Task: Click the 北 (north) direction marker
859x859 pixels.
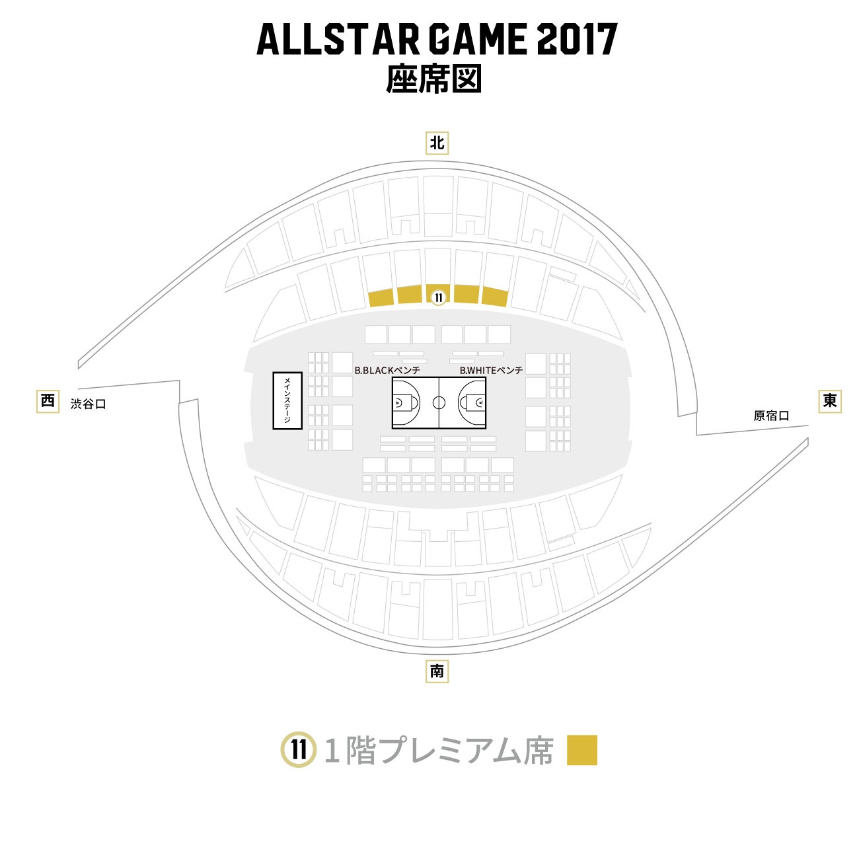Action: pos(437,143)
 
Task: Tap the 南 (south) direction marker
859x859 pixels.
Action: pos(437,671)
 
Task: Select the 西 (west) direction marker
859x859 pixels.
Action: pos(48,401)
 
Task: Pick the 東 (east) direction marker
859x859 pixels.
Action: pos(829,401)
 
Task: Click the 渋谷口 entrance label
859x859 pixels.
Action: pos(89,404)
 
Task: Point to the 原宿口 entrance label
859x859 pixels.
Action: pos(771,416)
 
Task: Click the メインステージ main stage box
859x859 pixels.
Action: pos(287,400)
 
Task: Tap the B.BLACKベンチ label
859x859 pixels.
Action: pos(387,371)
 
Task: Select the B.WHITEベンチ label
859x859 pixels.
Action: pos(491,371)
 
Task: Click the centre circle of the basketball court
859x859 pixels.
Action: pos(439,403)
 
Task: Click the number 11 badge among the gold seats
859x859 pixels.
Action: pos(439,298)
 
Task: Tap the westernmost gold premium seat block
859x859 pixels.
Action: pos(381,297)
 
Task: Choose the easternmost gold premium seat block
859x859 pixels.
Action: pos(495,297)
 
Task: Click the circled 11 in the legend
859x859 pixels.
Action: pos(298,750)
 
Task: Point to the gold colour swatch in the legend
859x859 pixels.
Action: pos(581,750)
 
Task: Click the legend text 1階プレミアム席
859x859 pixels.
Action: pos(439,751)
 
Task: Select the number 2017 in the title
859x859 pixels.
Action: pos(578,39)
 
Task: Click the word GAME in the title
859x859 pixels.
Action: pos(478,39)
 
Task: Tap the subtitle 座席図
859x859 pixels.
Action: pos(433,79)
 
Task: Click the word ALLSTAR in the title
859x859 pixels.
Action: pos(338,39)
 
